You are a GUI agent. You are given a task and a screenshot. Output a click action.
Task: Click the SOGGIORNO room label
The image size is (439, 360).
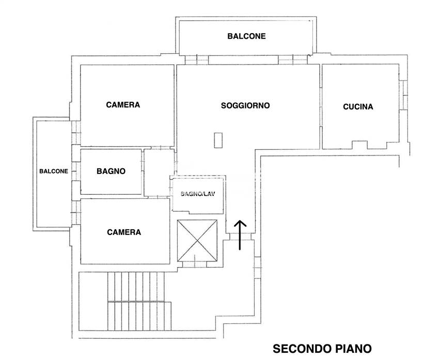(x=245, y=105)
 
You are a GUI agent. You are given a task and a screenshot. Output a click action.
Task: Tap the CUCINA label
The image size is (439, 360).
(x=358, y=107)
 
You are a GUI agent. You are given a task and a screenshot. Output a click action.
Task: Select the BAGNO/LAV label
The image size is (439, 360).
(x=197, y=194)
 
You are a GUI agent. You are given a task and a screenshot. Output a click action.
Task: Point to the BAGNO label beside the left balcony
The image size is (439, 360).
(x=111, y=171)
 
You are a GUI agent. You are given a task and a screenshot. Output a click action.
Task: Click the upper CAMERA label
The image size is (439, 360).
(x=123, y=104)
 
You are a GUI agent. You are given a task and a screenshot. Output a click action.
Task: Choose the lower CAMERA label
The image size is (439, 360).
(x=124, y=232)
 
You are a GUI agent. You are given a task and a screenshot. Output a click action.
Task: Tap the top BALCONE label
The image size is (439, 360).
(x=246, y=36)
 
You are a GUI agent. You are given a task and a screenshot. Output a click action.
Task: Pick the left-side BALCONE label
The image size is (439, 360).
(x=54, y=171)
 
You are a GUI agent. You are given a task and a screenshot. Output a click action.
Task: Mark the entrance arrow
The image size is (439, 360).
(x=240, y=234)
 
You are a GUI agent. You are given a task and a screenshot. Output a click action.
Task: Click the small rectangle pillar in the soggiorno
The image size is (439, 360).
(x=219, y=140)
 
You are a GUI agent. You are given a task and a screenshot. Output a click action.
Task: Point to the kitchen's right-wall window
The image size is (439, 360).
(x=404, y=95)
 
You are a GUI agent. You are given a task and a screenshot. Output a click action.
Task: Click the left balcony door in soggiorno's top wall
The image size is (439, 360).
(x=197, y=60)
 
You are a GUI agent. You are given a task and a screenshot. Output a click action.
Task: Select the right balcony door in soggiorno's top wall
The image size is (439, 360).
(x=292, y=60)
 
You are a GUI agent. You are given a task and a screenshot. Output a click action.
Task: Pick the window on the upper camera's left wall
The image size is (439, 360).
(x=75, y=132)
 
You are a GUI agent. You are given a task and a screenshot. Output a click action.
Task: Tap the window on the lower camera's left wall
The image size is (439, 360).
(x=75, y=212)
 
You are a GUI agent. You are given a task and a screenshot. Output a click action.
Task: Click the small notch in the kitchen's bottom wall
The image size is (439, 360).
(x=359, y=143)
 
